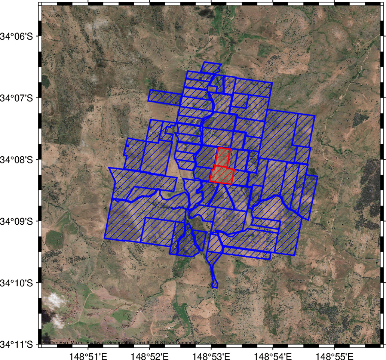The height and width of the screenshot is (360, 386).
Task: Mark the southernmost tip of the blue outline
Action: click(x=215, y=287)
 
